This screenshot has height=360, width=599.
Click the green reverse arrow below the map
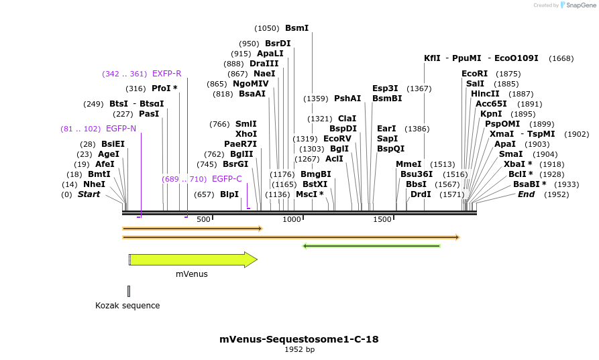click(x=372, y=246)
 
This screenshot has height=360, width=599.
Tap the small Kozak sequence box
click(x=128, y=291)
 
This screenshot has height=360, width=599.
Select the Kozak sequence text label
click(x=127, y=306)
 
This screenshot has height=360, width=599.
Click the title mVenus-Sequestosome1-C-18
click(x=299, y=339)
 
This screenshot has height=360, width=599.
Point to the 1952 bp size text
click(x=299, y=349)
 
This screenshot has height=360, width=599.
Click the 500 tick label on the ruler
click(x=203, y=220)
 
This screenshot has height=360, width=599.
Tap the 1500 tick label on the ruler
click(x=382, y=220)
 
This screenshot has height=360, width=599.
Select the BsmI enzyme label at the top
click(x=296, y=28)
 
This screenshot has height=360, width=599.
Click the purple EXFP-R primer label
click(x=166, y=74)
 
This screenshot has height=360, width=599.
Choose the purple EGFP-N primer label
click(x=121, y=129)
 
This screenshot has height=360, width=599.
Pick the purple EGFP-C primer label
click(x=227, y=179)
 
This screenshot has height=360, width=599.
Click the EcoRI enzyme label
click(x=474, y=74)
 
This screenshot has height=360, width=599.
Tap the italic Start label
click(x=89, y=194)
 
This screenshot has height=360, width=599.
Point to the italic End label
click(x=526, y=194)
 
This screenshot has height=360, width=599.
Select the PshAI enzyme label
click(x=347, y=99)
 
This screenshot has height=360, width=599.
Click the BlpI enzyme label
click(x=229, y=194)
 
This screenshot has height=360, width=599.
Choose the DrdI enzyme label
click(x=421, y=194)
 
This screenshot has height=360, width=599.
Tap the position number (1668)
click(x=561, y=59)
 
